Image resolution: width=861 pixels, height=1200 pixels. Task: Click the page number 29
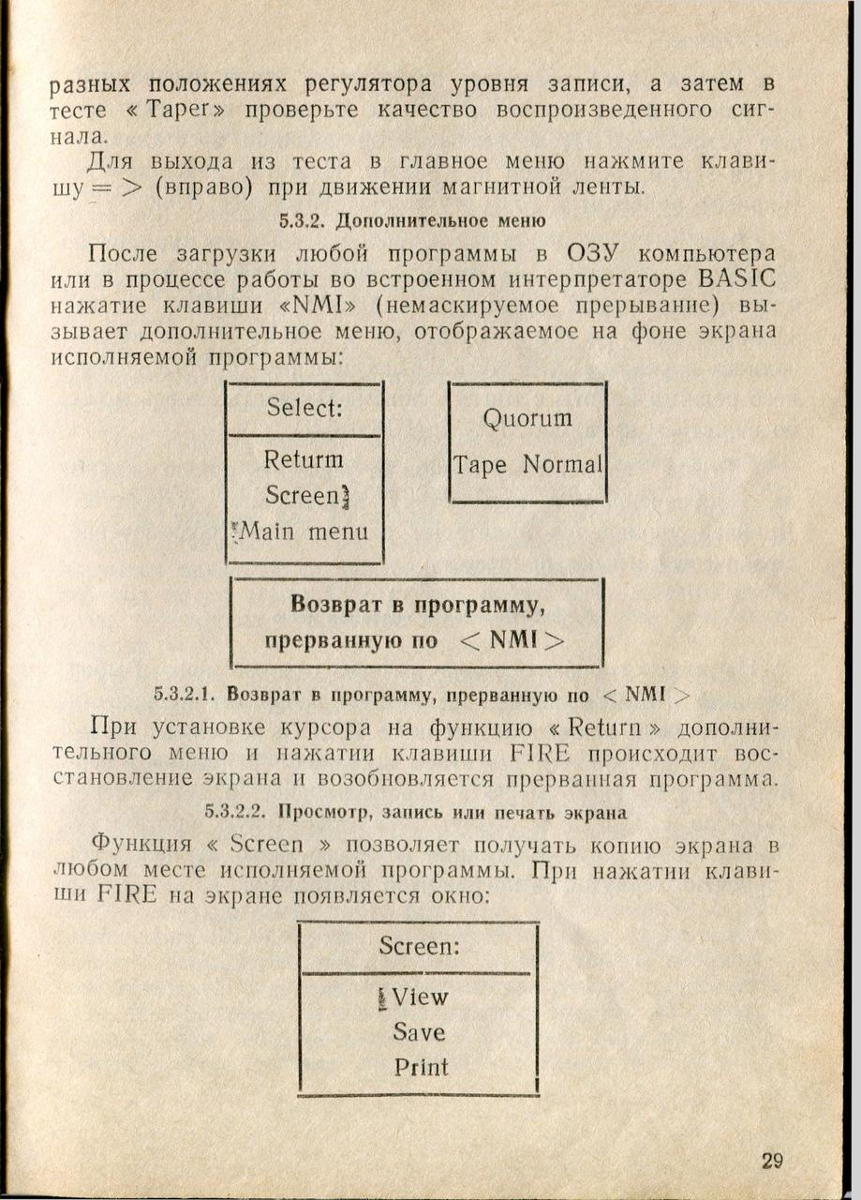(772, 1161)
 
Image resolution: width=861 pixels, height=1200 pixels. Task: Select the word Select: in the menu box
(303, 409)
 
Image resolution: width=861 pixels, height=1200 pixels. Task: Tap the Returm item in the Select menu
(304, 460)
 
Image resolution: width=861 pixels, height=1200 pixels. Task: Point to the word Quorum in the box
(527, 418)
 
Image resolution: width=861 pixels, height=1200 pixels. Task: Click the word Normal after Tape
(562, 465)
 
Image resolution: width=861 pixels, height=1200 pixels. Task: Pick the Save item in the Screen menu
(419, 1032)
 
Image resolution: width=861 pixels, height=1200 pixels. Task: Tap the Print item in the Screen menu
(421, 1067)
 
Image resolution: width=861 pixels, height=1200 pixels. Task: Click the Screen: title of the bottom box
(420, 946)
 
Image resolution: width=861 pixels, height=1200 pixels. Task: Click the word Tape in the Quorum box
(481, 465)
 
